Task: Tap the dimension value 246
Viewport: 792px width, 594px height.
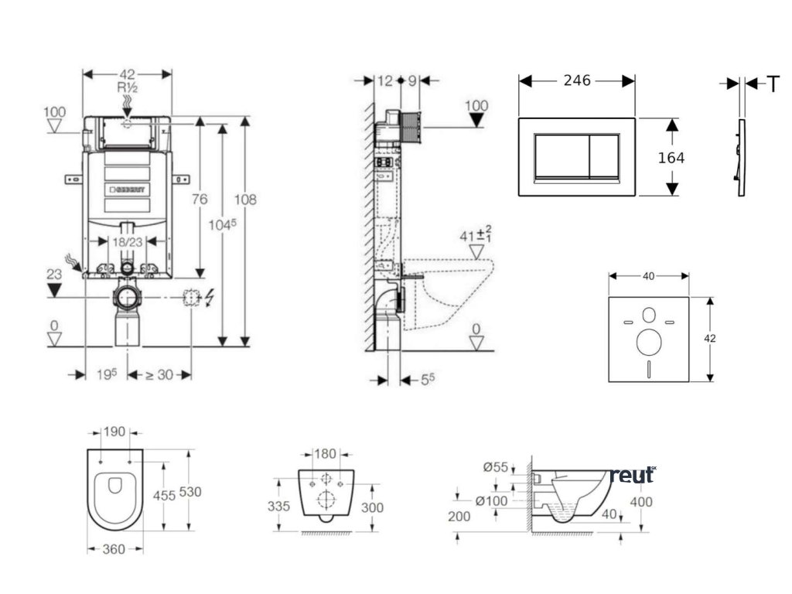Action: (576, 80)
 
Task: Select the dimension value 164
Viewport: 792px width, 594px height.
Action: (671, 158)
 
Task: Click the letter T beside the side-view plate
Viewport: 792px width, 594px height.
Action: (773, 84)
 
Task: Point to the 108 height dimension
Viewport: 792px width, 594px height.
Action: (245, 200)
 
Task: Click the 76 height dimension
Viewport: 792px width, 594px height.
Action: (200, 200)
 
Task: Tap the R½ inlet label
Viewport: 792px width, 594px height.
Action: (128, 88)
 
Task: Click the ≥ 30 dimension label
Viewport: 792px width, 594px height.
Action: (160, 374)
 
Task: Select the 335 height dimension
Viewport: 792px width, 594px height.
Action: (279, 506)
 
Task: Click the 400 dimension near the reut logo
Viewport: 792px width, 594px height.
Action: (641, 502)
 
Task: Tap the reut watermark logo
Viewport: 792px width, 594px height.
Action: (632, 475)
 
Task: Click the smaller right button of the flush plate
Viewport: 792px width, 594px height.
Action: (611, 157)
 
